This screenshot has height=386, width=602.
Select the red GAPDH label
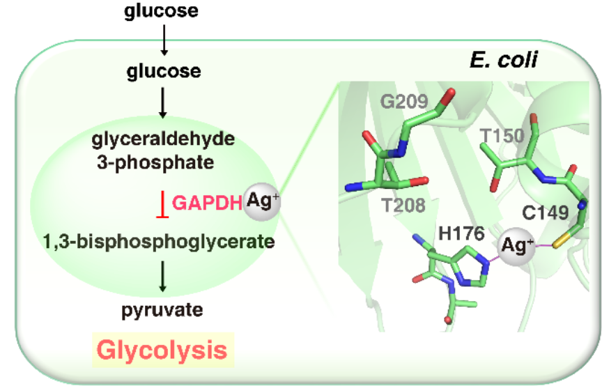click(x=206, y=203)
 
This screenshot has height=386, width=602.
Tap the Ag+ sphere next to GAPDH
click(x=261, y=201)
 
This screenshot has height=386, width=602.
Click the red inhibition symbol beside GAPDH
click(x=162, y=204)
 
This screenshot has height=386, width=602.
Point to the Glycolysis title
click(x=162, y=350)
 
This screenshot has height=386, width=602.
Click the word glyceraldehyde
click(x=162, y=139)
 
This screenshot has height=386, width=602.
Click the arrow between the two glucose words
click(x=163, y=40)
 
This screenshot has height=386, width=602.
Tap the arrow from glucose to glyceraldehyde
click(x=162, y=103)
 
